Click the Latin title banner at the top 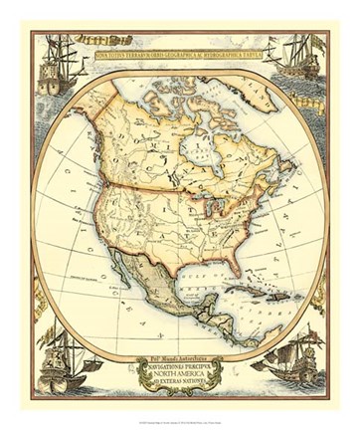coord(180,46)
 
